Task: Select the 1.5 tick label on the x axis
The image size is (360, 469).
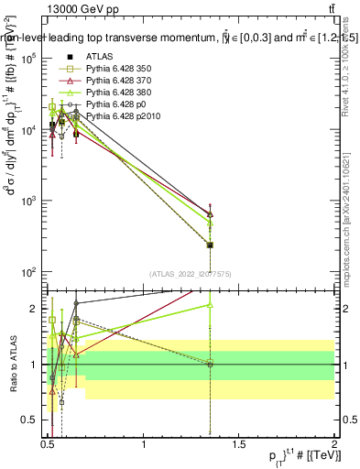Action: click(240, 442)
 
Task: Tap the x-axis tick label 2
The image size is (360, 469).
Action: click(333, 442)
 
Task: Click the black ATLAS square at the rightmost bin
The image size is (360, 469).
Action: click(211, 245)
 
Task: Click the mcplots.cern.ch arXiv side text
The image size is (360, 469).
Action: click(346, 229)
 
